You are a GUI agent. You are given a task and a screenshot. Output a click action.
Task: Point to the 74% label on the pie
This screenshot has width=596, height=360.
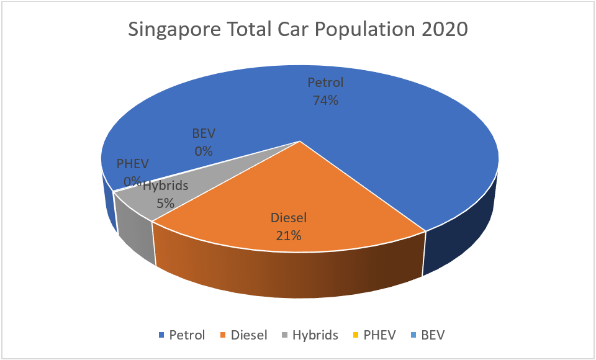tap(325, 100)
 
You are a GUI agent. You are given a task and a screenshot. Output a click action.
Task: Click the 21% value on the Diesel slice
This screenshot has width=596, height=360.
tap(289, 236)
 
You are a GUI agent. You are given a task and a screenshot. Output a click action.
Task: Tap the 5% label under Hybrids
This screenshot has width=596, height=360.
tap(165, 202)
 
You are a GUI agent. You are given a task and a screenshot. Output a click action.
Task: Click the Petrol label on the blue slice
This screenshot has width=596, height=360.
tap(325, 83)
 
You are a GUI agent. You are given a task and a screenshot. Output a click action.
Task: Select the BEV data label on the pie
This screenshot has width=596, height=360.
tap(203, 133)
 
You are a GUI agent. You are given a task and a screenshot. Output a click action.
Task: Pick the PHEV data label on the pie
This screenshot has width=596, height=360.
tap(133, 164)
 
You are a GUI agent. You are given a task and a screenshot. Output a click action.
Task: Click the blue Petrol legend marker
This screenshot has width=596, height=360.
tap(162, 336)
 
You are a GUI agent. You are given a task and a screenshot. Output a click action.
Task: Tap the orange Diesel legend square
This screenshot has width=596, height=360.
tap(223, 336)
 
